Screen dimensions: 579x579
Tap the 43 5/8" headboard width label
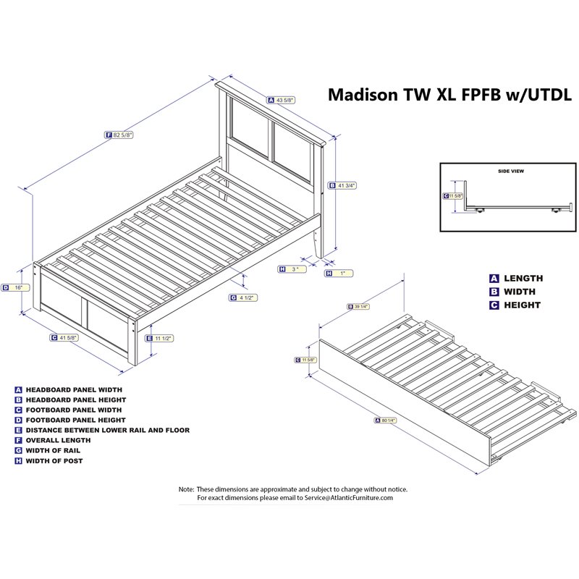(282, 100)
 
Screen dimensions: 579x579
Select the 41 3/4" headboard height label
(343, 186)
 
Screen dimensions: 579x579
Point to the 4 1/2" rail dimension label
(243, 297)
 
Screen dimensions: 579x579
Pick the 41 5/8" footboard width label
(64, 337)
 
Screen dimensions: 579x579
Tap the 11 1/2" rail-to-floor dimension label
(161, 338)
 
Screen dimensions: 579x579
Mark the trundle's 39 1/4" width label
(358, 305)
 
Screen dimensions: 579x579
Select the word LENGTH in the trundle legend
(523, 278)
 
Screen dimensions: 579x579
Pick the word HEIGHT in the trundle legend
(523, 305)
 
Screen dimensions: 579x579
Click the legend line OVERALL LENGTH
(58, 440)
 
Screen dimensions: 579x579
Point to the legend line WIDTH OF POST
(54, 461)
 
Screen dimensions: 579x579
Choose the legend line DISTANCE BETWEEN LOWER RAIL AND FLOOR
(107, 430)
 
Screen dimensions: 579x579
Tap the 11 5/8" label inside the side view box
(453, 195)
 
